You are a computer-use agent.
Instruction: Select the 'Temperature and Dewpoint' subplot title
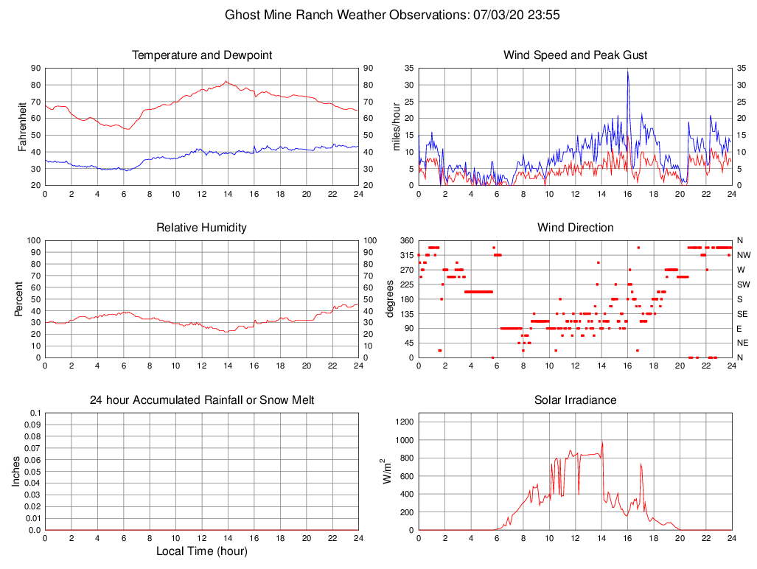202,55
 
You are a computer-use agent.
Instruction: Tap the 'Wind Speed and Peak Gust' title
575,55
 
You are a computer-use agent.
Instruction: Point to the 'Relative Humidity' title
202,228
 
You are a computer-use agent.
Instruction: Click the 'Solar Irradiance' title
575,400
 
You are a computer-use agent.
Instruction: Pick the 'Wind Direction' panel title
575,228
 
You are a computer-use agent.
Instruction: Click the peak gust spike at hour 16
628,71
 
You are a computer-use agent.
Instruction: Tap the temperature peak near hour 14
226,82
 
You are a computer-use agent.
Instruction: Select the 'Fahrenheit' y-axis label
23,127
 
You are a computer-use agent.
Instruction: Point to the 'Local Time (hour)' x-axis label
202,551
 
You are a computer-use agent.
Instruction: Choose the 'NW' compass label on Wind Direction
743,255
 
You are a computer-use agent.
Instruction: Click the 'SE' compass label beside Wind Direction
743,313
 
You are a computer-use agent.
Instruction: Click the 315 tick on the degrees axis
405,255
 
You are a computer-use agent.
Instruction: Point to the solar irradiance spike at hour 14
602,443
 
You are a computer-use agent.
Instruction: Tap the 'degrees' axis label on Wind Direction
391,299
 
